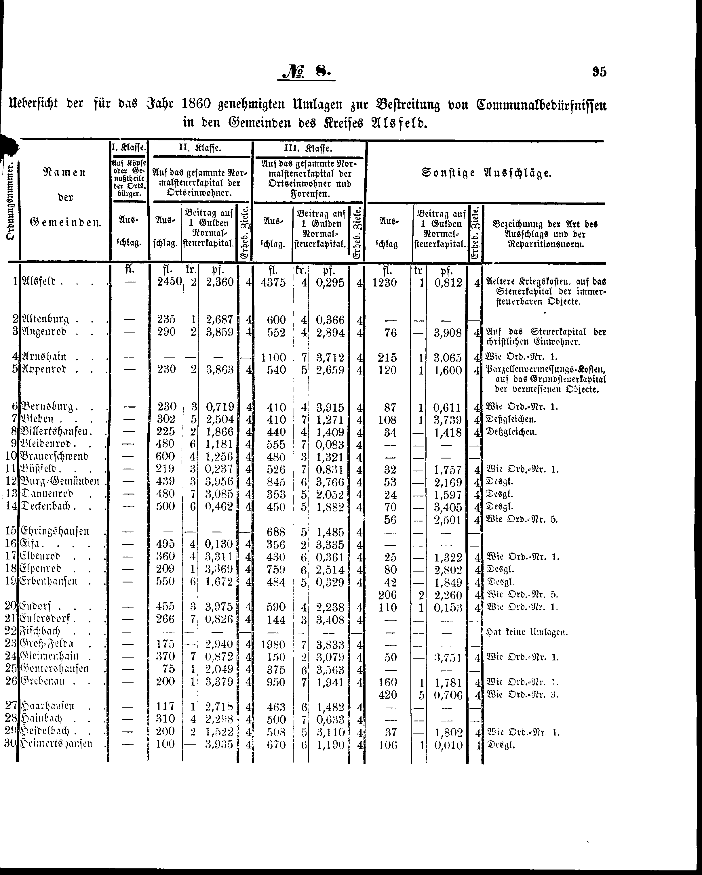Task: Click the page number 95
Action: [x=599, y=72]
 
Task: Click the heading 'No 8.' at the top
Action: [x=307, y=72]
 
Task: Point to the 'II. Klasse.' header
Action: [x=201, y=148]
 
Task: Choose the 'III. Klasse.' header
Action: [x=309, y=148]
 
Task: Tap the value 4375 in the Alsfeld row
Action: [x=274, y=282]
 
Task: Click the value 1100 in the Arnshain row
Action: [x=274, y=357]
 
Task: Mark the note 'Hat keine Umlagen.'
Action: [x=526, y=632]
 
